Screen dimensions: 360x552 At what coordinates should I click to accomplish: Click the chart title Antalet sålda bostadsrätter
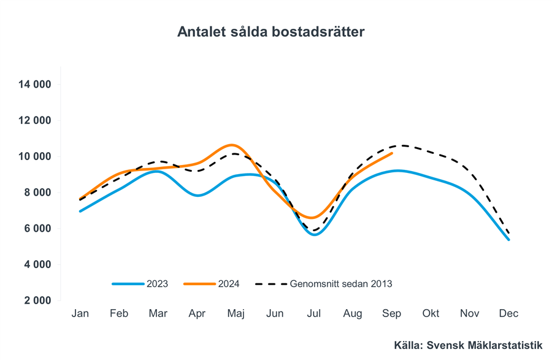pyautogui.click(x=270, y=32)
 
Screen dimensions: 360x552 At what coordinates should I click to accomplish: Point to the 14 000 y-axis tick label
pyautogui.click(x=47, y=85)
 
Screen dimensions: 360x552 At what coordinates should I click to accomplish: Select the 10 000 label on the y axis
pyautogui.click(x=47, y=156)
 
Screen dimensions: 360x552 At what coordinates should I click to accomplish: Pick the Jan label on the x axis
pyautogui.click(x=80, y=313)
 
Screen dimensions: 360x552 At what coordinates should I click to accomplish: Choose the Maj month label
pyautogui.click(x=236, y=313)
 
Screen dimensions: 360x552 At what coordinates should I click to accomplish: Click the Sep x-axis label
pyautogui.click(x=392, y=313)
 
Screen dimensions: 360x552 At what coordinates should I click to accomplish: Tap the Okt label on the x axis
pyautogui.click(x=431, y=313)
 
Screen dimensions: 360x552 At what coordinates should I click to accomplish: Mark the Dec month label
pyautogui.click(x=508, y=313)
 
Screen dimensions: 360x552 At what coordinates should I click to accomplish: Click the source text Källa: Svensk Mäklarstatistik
pyautogui.click(x=468, y=346)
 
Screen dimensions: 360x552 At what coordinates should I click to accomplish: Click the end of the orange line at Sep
pyautogui.click(x=392, y=153)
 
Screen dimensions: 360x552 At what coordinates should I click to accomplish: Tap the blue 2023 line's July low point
pyautogui.click(x=315, y=234)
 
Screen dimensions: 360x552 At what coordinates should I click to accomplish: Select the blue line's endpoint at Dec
pyautogui.click(x=508, y=239)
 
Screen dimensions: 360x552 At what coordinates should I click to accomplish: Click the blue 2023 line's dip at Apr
pyautogui.click(x=197, y=196)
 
